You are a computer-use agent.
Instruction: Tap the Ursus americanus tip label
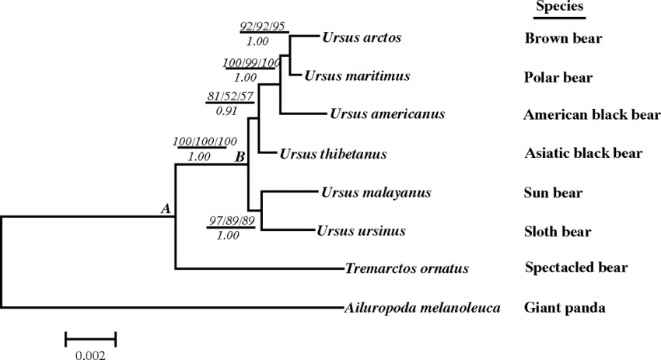tap(387, 114)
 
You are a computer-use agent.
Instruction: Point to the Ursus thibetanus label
tap(333, 154)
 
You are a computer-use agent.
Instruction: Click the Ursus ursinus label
tap(361, 231)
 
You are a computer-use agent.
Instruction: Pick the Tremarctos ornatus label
tap(407, 269)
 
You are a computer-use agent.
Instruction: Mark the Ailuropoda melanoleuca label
tap(421, 308)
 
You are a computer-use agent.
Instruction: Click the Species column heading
tap(558, 7)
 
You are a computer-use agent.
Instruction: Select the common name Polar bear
tap(558, 78)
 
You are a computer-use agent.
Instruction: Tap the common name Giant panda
tap(564, 308)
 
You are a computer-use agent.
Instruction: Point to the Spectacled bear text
tap(576, 269)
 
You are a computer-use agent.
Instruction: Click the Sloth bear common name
tap(558, 232)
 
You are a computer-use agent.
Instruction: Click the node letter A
tap(165, 208)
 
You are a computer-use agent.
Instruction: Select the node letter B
tap(240, 157)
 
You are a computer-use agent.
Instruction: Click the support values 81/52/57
tap(230, 96)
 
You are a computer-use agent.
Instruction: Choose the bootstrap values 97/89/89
tap(231, 222)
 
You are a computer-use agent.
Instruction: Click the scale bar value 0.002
tap(90, 355)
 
